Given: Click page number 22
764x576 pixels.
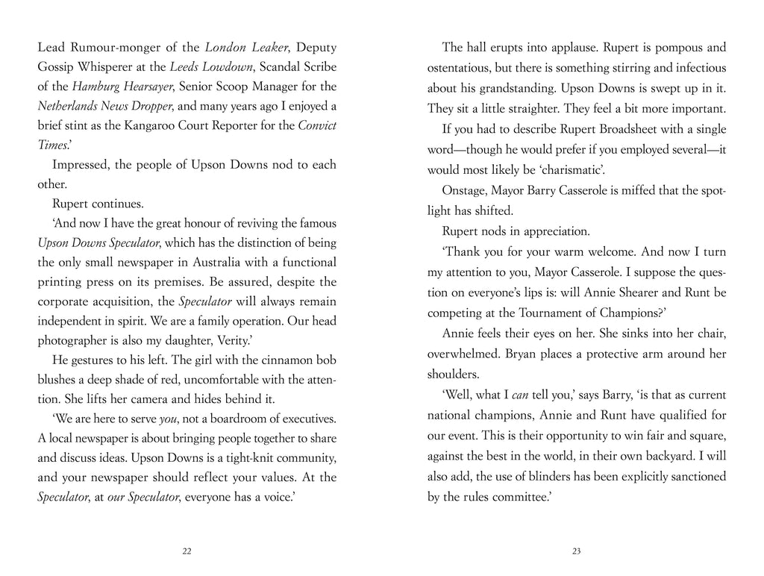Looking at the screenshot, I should pos(187,551).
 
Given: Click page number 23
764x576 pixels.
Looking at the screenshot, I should pos(576,551).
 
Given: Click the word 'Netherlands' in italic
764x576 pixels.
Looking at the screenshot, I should pos(66,107).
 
